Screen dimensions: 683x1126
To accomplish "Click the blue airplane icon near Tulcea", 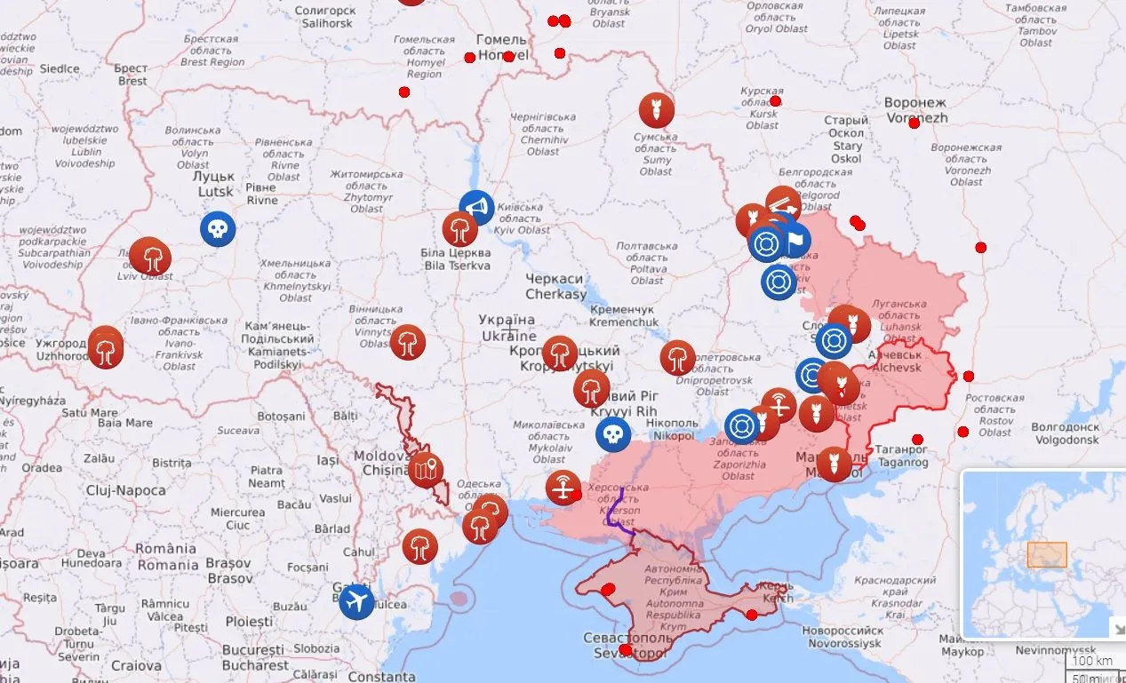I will point(356,601).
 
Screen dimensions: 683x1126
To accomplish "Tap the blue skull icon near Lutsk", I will point(217,229).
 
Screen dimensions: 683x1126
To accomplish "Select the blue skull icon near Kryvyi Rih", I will point(612,433).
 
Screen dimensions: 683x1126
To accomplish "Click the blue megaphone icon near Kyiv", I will point(476,208).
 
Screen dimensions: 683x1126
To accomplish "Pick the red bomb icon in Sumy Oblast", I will point(656,110).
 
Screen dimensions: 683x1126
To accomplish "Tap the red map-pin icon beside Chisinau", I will point(426,468).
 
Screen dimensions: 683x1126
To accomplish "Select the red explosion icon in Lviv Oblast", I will point(150,257).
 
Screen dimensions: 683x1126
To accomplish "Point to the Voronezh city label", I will point(915,110).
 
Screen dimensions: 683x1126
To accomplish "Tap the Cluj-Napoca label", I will point(125,490).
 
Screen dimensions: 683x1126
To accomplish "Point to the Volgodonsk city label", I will point(1065,433).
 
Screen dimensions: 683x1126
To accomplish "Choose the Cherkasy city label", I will point(555,286).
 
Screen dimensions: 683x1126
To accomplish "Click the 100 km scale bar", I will point(1093,661).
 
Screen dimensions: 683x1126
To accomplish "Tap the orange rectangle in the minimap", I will point(1047,555).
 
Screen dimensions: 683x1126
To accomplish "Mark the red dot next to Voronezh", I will point(914,123).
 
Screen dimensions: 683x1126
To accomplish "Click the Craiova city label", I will point(136,665).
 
